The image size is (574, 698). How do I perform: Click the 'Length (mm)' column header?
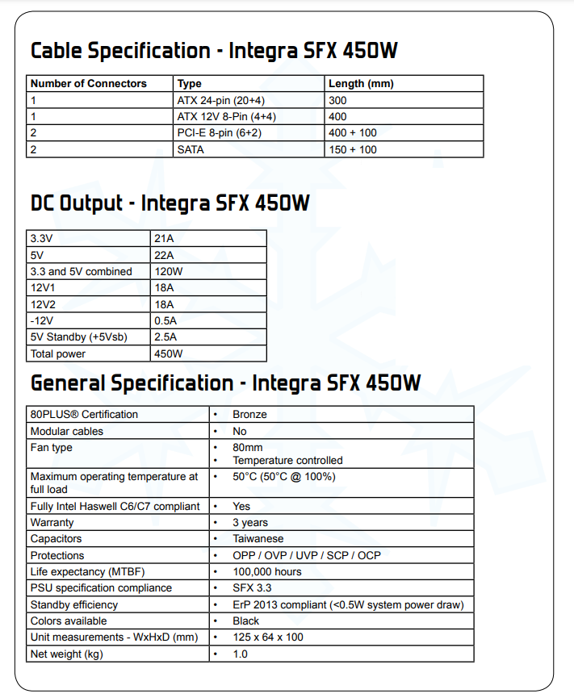pyautogui.click(x=361, y=84)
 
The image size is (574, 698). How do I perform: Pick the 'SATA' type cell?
pyautogui.click(x=192, y=149)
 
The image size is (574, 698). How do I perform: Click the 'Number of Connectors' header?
pyautogui.click(x=89, y=84)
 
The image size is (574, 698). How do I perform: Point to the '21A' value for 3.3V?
pyautogui.click(x=164, y=238)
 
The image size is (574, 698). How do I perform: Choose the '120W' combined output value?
pyautogui.click(x=169, y=271)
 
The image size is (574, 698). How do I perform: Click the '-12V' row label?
pyautogui.click(x=43, y=320)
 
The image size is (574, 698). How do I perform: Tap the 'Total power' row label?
pyautogui.click(x=57, y=353)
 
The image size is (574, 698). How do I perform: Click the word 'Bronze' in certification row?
pyautogui.click(x=250, y=415)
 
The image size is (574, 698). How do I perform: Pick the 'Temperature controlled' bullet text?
pyautogui.click(x=287, y=460)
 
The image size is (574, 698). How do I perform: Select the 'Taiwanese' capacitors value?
pyautogui.click(x=258, y=539)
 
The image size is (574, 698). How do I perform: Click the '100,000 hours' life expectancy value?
pyautogui.click(x=267, y=571)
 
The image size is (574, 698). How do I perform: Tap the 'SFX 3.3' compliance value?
pyautogui.click(x=253, y=588)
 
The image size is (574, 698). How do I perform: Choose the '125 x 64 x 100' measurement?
pyautogui.click(x=269, y=637)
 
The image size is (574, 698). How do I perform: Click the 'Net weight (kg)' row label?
pyautogui.click(x=66, y=654)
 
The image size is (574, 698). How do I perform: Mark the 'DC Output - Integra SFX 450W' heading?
pyautogui.click(x=170, y=203)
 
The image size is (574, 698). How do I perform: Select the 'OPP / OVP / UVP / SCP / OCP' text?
pyautogui.click(x=306, y=555)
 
